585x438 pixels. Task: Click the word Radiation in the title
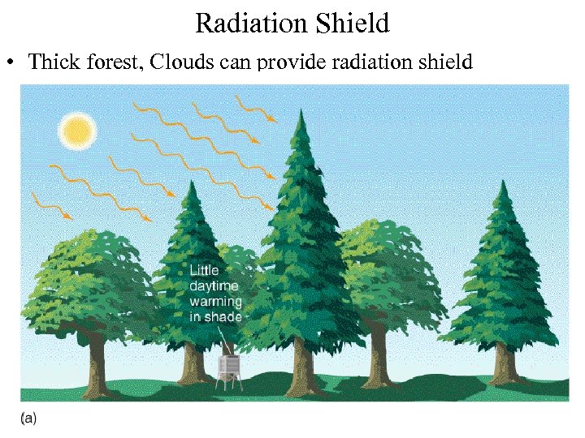[x=247, y=24]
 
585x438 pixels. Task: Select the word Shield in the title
[x=349, y=24]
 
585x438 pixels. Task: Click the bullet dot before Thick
[x=11, y=62]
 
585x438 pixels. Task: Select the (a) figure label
[x=28, y=418]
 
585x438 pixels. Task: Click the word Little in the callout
[x=204, y=271]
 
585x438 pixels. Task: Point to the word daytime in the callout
[x=214, y=286]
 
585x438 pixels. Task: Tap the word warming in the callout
[x=215, y=302]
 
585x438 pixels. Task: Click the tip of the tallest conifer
[x=302, y=113]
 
